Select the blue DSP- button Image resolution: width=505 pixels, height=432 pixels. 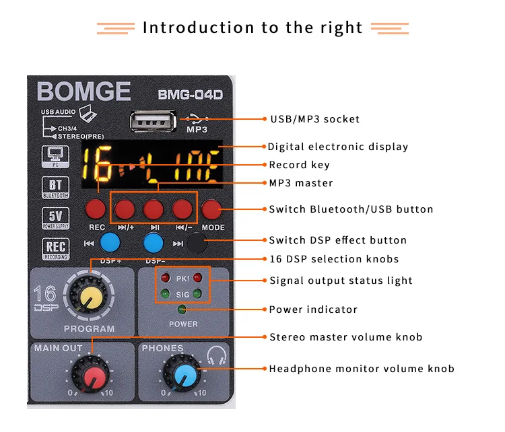[154, 242]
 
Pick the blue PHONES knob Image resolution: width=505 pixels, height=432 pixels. [182, 375]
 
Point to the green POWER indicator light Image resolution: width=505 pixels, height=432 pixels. [182, 310]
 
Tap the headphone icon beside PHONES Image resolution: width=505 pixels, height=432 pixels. [216, 355]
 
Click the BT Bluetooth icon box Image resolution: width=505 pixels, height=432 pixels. [55, 188]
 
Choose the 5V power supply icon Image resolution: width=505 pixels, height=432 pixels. [55, 218]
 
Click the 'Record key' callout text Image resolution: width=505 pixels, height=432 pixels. [299, 165]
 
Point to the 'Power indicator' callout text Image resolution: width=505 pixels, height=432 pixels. [313, 310]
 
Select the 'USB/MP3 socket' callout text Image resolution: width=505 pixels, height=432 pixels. [314, 119]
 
